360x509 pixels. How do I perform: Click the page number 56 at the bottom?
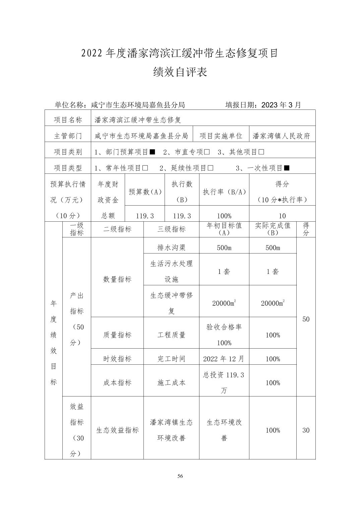tap(180, 476)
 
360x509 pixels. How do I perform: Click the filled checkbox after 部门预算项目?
tap(152, 152)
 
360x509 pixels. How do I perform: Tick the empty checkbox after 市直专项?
tap(207, 152)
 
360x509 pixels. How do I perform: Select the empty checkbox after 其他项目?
tap(261, 152)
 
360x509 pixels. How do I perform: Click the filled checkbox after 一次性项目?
tap(287, 168)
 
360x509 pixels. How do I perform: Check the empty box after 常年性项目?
tap(145, 168)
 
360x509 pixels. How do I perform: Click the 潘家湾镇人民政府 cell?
tap(282, 136)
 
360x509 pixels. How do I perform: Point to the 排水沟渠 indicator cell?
tap(171, 248)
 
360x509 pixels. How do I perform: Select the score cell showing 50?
tap(306, 319)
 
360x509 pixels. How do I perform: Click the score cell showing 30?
tap(306, 430)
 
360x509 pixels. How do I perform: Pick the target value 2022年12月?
tap(224, 359)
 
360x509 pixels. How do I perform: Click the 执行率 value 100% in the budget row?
tap(224, 216)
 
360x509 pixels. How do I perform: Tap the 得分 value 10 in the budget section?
tap(282, 216)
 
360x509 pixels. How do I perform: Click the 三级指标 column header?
tap(171, 229)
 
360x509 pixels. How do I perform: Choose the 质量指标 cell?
tap(117, 335)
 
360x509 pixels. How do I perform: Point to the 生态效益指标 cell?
tap(117, 430)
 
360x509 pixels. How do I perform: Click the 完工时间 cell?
tap(171, 359)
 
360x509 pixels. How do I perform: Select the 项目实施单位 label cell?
tap(221, 136)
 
